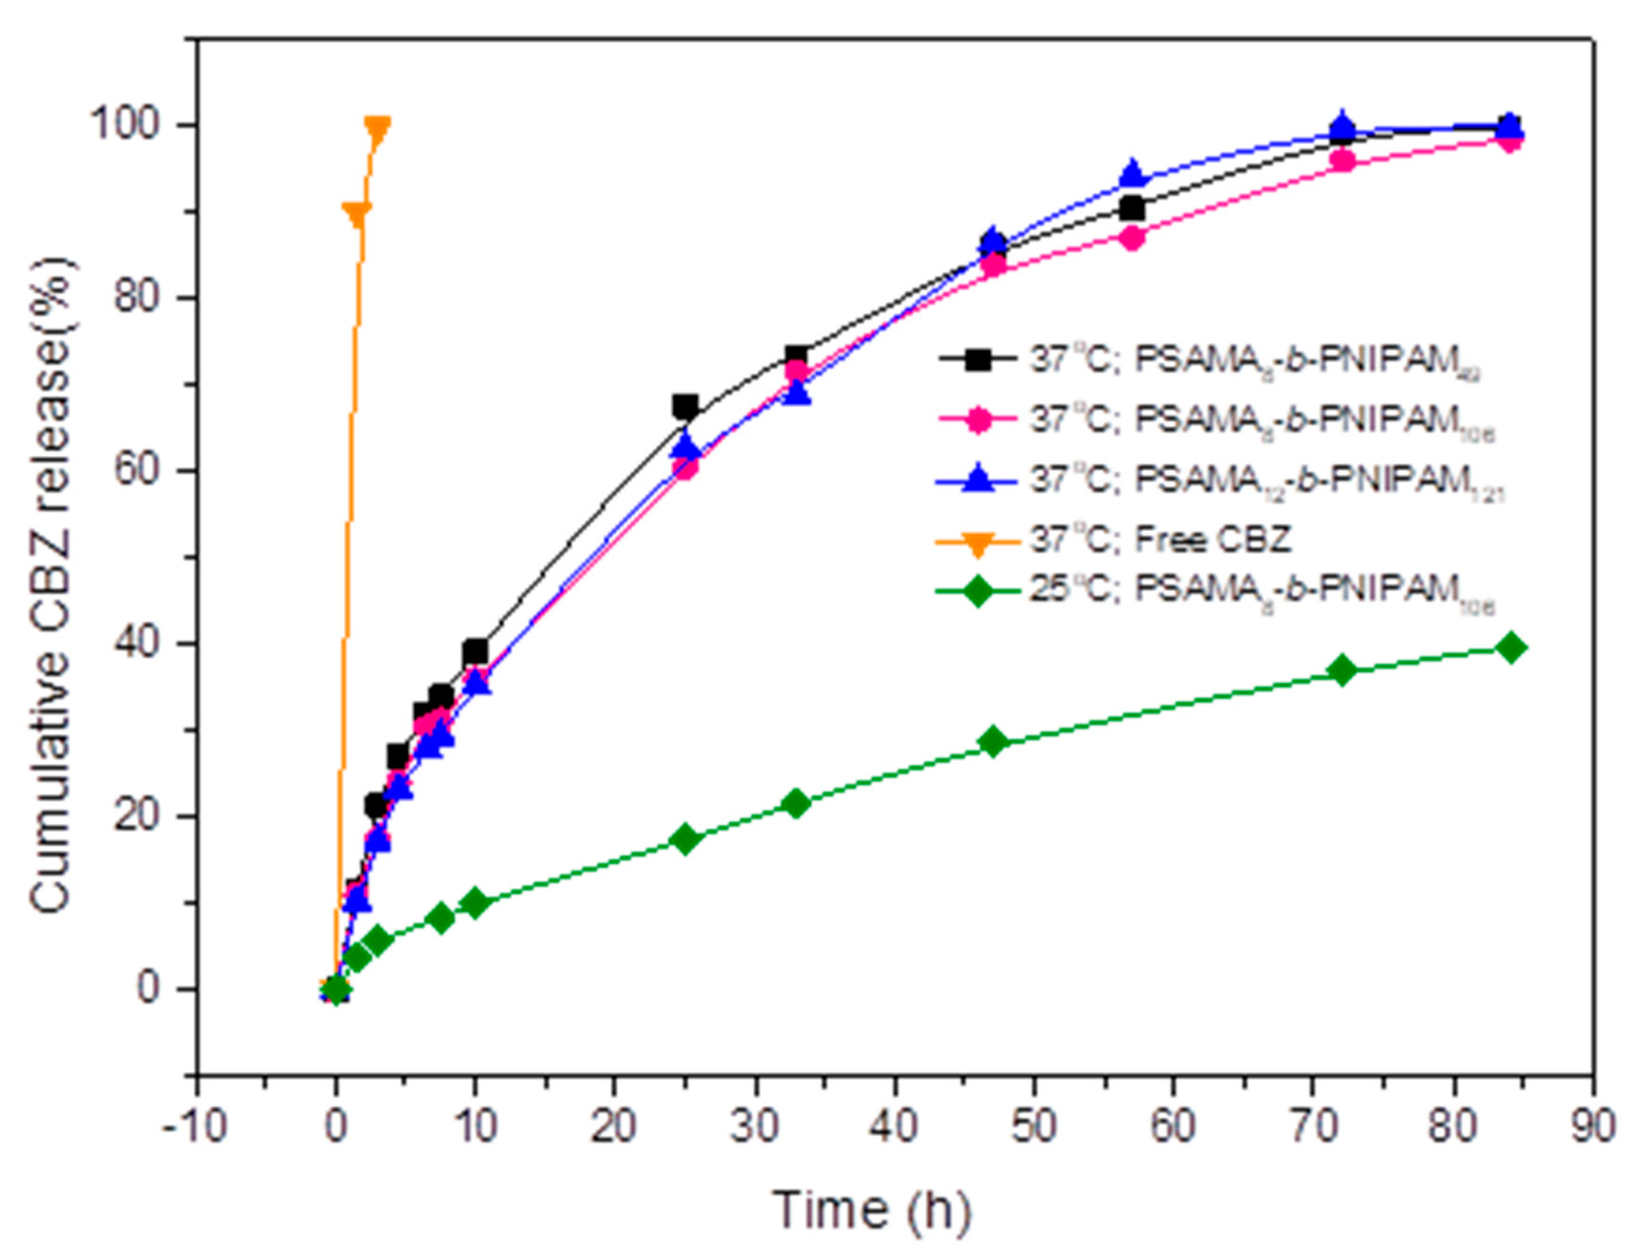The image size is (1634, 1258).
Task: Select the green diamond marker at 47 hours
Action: tap(993, 742)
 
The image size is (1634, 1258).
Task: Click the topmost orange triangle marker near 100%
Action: tap(378, 129)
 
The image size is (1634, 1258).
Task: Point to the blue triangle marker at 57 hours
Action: tap(1133, 174)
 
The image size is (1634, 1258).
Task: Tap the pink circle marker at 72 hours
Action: tap(1343, 161)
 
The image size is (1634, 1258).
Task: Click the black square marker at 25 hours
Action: tap(685, 408)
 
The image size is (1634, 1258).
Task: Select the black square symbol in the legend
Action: tap(977, 360)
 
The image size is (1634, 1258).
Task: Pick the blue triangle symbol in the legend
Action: tap(977, 480)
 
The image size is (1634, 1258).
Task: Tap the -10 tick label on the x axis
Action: tap(195, 1127)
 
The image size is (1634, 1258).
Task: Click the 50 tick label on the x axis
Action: tap(1034, 1127)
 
